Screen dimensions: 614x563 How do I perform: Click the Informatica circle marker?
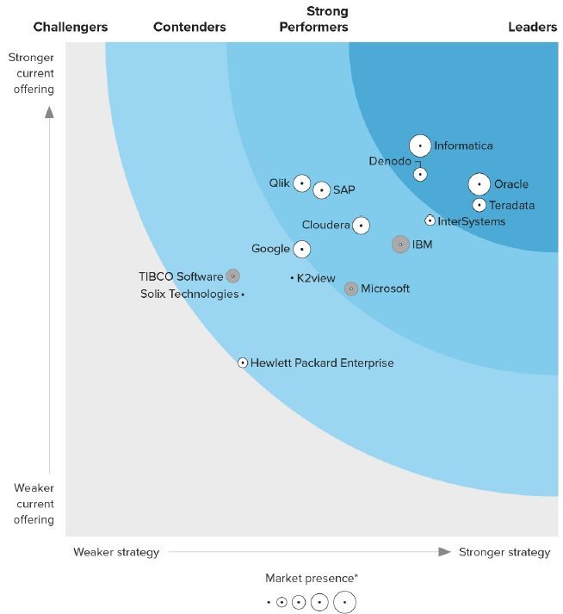coord(420,146)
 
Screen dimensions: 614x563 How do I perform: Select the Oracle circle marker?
coord(479,184)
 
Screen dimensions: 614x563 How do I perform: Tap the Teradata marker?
coord(479,205)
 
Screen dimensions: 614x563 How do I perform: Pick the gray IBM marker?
coord(400,245)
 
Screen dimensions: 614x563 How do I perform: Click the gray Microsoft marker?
coord(351,288)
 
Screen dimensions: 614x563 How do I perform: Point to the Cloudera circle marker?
coord(361,226)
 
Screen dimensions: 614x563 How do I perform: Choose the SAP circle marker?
coord(321,189)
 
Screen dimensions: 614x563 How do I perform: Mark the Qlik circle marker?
coord(301,183)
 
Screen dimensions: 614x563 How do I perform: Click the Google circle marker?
coord(301,249)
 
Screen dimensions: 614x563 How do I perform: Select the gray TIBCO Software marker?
coord(232,276)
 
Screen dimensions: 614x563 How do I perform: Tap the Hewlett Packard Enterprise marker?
coord(243,363)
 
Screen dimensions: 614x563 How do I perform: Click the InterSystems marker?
coord(430,220)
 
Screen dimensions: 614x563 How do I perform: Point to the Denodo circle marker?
coord(420,174)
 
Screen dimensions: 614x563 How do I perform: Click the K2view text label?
coord(316,278)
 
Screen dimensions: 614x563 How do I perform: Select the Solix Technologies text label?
coord(189,295)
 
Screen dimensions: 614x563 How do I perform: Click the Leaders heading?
coord(532,27)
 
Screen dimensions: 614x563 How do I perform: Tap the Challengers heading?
coord(71,27)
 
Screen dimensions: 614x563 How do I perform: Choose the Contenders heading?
coord(189,27)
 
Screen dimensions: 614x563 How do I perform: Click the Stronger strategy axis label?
coord(504,552)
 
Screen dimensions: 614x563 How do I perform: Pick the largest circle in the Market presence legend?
coord(344,603)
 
